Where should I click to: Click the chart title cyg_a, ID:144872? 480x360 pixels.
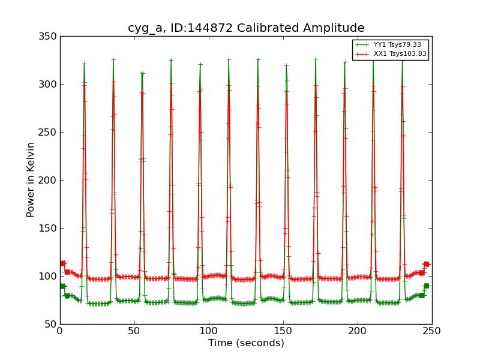point(246,28)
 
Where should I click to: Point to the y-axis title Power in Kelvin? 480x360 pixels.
point(31,179)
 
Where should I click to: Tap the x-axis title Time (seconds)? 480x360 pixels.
point(246,343)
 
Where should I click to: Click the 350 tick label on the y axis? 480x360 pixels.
point(50,37)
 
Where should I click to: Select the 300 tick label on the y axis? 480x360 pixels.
point(50,85)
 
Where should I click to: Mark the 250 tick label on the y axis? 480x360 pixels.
point(50,133)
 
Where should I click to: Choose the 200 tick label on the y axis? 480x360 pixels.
point(50,181)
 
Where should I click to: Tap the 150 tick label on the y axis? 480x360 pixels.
point(50,229)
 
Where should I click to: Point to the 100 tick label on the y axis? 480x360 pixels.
point(50,277)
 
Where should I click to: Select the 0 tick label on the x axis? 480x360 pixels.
point(60,331)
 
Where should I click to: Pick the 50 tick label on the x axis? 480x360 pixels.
point(134,331)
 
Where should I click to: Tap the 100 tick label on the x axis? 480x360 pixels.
point(209,331)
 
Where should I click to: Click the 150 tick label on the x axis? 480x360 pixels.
point(283,331)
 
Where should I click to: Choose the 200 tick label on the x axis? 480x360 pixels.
point(358,331)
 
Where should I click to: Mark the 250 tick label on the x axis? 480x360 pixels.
point(432,331)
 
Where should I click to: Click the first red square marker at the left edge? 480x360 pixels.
point(62,263)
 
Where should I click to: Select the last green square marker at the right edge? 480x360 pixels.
point(426,286)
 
